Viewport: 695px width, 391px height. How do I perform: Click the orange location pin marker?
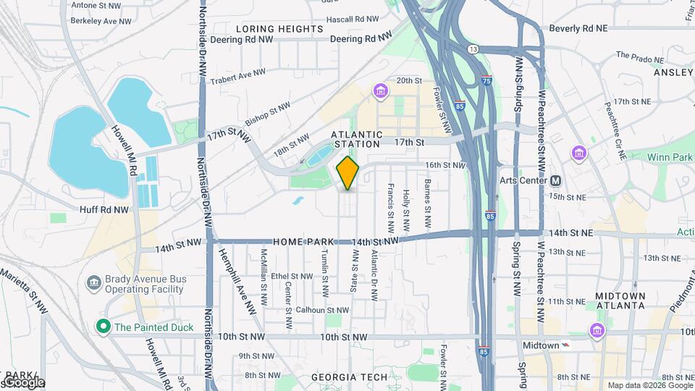coord(348,173)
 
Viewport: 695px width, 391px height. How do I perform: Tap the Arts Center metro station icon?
coord(556,180)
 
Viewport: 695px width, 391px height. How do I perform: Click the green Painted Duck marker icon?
coord(103,327)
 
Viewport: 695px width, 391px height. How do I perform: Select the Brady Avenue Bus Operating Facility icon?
coord(93,282)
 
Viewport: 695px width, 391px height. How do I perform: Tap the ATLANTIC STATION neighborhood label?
coord(356,139)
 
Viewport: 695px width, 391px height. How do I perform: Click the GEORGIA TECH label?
coord(345,377)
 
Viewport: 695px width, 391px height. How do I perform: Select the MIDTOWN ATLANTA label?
coord(620,300)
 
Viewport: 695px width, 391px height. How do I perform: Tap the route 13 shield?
coord(473,49)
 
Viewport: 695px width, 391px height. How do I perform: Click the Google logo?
coord(23,382)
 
